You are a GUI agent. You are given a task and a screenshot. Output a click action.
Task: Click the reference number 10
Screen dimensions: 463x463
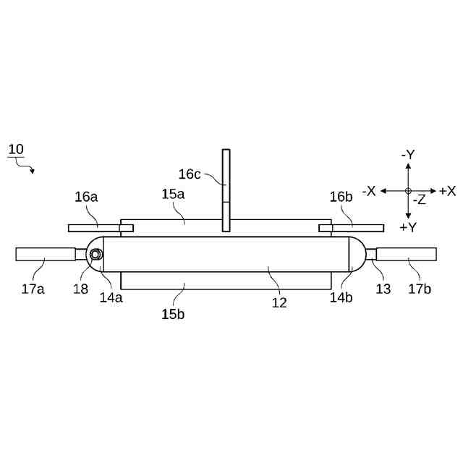(x=16, y=149)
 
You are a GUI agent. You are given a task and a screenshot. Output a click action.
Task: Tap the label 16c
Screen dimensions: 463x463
(x=190, y=174)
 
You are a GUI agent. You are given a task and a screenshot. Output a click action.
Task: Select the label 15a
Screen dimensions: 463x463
(x=173, y=195)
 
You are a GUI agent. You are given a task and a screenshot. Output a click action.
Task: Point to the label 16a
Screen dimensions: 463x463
(x=85, y=197)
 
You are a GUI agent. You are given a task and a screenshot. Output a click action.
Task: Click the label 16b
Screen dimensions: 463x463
(x=341, y=197)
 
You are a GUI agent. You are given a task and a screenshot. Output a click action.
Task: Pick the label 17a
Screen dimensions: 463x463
(x=33, y=289)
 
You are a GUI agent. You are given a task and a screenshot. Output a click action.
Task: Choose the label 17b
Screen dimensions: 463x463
(x=419, y=289)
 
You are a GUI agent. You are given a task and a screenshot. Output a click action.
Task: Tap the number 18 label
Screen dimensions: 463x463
(x=80, y=289)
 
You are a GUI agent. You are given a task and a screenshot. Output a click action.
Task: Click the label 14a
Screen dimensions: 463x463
(x=111, y=297)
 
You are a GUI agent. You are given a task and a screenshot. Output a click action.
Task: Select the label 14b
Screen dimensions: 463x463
(x=342, y=297)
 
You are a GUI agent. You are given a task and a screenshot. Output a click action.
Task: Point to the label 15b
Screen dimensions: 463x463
(x=173, y=315)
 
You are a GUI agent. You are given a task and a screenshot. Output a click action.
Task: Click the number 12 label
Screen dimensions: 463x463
(x=279, y=302)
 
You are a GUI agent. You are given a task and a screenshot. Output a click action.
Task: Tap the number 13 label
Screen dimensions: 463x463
(x=383, y=289)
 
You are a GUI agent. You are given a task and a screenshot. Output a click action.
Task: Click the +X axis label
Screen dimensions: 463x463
(x=447, y=191)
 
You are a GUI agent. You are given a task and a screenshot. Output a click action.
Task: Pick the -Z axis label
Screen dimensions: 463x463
(x=419, y=200)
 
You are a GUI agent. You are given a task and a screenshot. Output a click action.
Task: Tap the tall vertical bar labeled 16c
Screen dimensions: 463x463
(x=226, y=191)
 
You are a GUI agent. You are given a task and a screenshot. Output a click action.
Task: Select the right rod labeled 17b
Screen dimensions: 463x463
(x=407, y=254)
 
